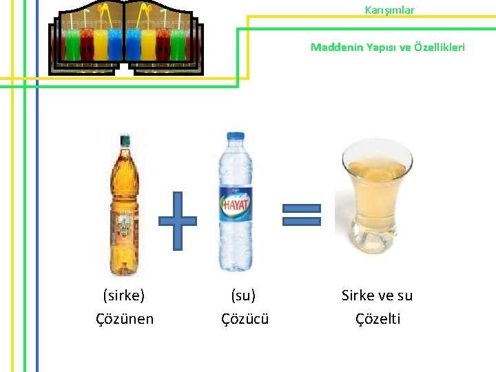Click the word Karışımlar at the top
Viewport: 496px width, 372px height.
point(389,10)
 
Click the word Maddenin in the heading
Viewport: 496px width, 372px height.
point(335,47)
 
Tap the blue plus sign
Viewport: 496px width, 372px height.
point(178,220)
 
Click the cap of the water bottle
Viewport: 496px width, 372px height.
point(234,136)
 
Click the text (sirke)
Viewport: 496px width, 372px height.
point(124,296)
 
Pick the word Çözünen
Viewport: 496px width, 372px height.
point(125,319)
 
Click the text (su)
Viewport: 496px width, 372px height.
point(243,296)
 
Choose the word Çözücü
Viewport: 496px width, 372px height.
point(245,319)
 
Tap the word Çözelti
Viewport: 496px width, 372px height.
point(378,319)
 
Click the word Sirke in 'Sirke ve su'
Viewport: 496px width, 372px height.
point(358,296)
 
